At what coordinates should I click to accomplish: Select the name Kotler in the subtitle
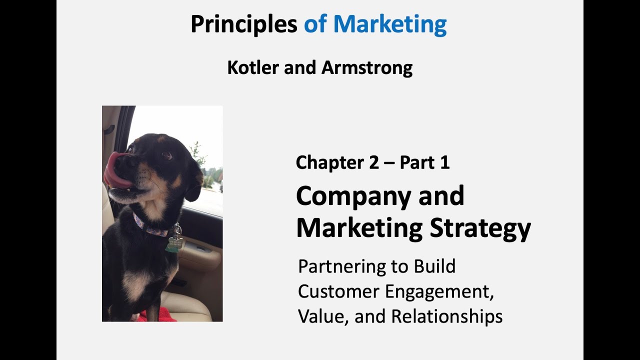point(252,67)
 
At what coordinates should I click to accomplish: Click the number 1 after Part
point(444,162)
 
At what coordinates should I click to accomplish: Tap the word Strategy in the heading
point(480,228)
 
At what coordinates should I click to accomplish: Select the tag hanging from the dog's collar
point(175,243)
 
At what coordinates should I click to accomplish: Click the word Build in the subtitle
point(434,267)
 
